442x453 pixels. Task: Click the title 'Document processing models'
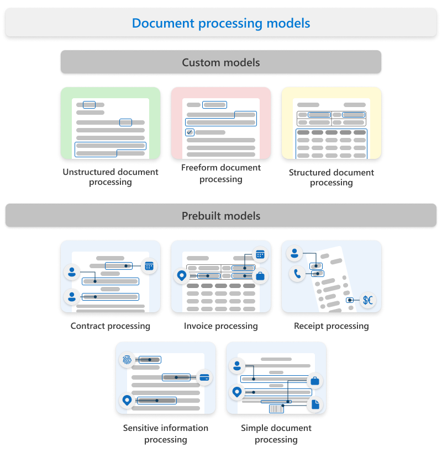(221, 24)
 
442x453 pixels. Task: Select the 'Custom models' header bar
(221, 62)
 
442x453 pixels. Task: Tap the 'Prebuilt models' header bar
(221, 216)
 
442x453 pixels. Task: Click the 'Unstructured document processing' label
(110, 177)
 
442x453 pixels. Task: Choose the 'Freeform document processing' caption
(221, 173)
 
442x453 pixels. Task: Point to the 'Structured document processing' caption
(331, 178)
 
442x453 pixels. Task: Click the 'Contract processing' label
(110, 326)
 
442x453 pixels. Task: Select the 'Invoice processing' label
(221, 326)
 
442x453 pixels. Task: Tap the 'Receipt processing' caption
(331, 326)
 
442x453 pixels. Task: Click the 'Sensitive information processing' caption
(166, 434)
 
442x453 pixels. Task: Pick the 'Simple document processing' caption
(276, 434)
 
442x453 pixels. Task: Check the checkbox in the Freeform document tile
(190, 132)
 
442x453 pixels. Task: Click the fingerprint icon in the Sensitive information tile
(127, 360)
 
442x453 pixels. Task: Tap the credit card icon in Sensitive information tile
(204, 377)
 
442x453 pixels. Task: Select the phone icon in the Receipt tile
(297, 273)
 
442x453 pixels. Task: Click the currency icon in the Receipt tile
(368, 300)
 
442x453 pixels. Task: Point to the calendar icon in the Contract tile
(149, 266)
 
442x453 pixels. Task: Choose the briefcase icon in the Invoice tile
(260, 275)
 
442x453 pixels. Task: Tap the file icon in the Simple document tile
(315, 404)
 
